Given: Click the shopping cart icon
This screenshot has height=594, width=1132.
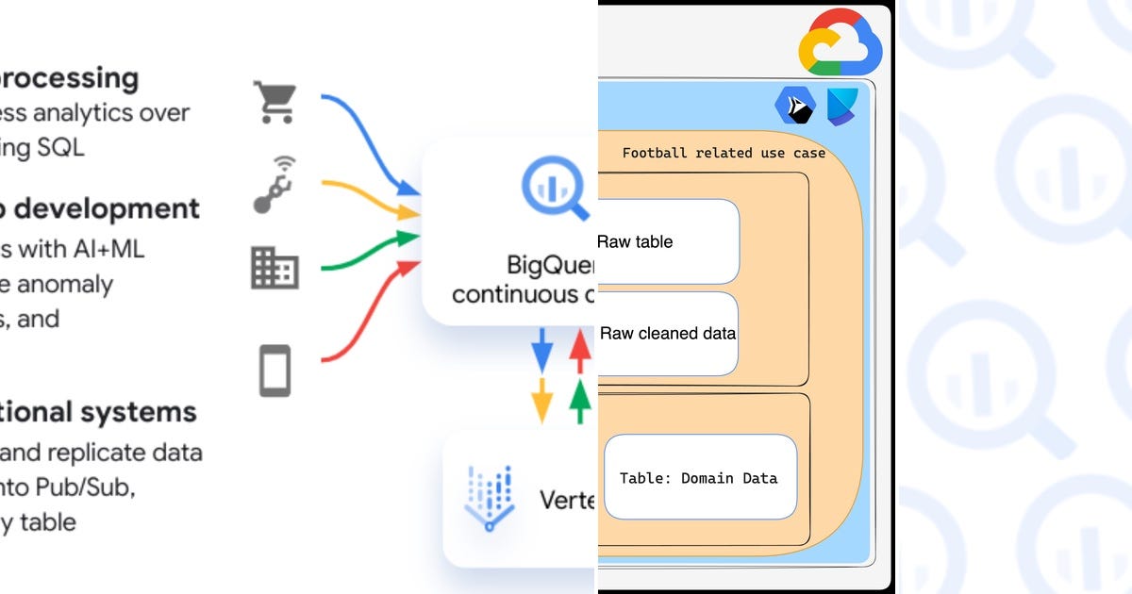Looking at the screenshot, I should point(275,102).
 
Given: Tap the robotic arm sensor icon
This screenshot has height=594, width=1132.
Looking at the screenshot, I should point(275,185).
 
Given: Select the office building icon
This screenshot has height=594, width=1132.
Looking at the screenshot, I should point(275,268).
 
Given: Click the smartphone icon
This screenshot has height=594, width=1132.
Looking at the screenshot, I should point(275,370).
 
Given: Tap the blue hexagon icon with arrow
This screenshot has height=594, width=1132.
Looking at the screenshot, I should point(794,106).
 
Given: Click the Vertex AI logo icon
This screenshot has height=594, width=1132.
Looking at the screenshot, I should point(489,497).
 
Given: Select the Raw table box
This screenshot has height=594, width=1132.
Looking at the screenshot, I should point(668,241).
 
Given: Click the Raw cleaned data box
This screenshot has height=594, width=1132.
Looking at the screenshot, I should point(668,333).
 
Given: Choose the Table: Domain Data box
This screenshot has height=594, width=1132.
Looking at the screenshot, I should point(699,477).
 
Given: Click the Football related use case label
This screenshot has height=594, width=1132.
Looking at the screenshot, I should point(724,153).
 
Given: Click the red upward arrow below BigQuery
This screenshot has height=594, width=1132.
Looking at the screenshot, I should point(580,351).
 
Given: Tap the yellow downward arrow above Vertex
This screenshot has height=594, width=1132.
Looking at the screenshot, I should point(542,400).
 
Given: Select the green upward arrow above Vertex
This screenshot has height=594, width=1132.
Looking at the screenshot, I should point(580,400).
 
